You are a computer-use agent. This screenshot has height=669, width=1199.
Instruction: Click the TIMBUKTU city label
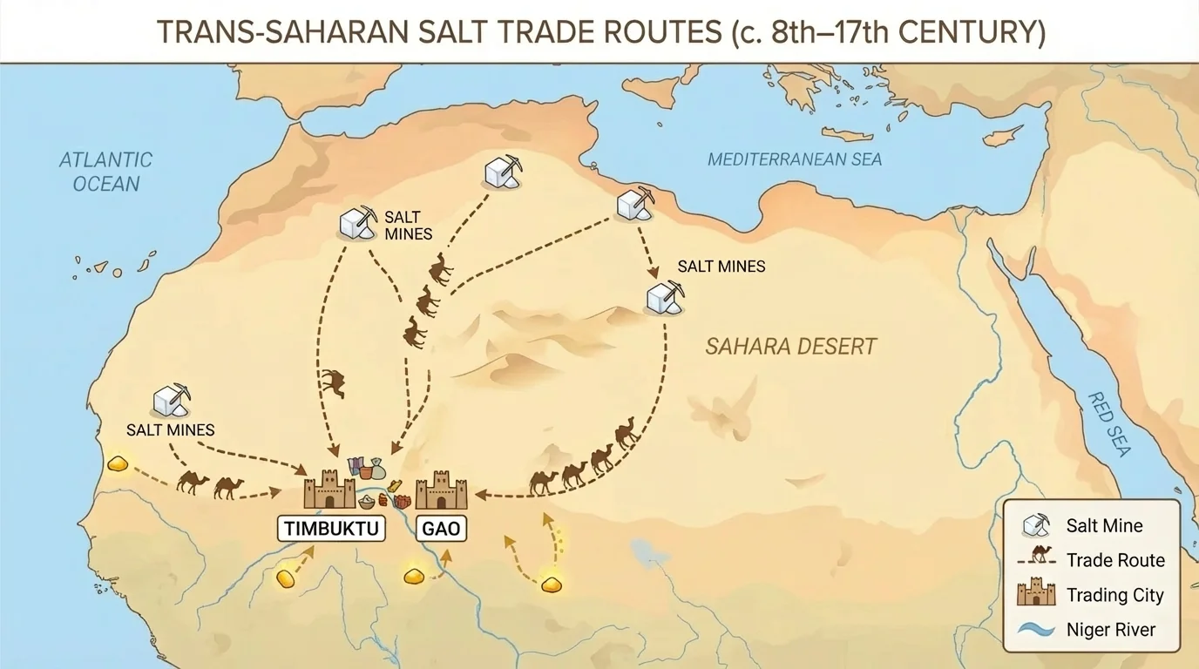click(x=331, y=528)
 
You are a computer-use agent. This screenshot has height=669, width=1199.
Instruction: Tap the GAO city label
click(x=441, y=528)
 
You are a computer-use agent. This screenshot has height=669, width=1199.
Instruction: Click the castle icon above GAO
click(x=442, y=490)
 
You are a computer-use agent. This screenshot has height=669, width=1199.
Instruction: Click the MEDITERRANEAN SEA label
click(x=794, y=159)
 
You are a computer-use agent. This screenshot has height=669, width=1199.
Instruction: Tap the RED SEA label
click(x=1108, y=424)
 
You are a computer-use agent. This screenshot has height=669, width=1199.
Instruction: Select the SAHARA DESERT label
click(x=790, y=347)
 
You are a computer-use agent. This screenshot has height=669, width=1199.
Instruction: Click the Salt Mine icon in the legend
click(x=1036, y=524)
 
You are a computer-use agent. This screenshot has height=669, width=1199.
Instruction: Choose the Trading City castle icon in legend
click(x=1036, y=594)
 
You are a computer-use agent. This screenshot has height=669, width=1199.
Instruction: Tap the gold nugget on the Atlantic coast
click(x=118, y=463)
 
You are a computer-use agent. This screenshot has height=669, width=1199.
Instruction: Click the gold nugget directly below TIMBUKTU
click(x=286, y=578)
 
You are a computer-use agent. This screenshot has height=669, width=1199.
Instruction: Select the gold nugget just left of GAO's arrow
click(x=413, y=576)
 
